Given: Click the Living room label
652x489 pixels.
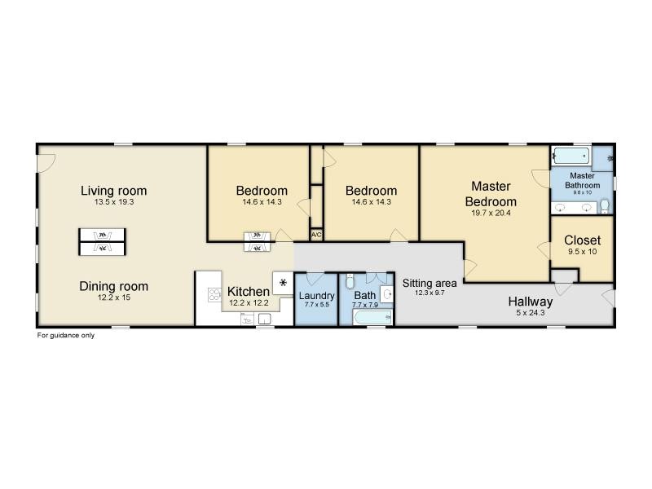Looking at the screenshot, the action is tap(113, 191).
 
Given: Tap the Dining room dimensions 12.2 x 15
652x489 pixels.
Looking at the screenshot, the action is tap(114, 297).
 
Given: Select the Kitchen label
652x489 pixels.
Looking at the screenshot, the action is tap(249, 292).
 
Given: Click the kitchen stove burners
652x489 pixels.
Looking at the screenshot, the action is tap(214, 295).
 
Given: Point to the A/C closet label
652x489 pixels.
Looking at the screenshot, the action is tap(316, 235).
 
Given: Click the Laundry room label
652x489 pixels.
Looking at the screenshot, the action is tap(316, 296).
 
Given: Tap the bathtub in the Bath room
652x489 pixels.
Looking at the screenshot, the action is tap(372, 318).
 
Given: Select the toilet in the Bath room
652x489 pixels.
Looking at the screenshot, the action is tap(350, 281).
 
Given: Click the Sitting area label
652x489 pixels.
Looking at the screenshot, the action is tap(430, 283).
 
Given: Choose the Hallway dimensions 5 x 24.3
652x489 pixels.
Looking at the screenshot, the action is tap(531, 313).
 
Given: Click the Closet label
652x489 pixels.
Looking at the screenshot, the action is tap(582, 240).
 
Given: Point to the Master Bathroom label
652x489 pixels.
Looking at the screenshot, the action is tap(582, 180).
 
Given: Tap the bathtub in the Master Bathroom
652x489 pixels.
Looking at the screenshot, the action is tap(571, 156).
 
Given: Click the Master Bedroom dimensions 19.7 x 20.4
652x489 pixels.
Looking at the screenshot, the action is tap(491, 213).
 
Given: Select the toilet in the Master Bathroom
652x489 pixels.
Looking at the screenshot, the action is tap(605, 207).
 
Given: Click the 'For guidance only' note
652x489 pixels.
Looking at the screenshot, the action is tap(66, 335).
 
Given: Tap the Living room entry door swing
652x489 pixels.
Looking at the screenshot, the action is tap(46, 163).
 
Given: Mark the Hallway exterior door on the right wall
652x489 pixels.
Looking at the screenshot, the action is tap(608, 297).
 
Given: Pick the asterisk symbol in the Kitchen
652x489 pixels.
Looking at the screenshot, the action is tap(283, 283).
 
